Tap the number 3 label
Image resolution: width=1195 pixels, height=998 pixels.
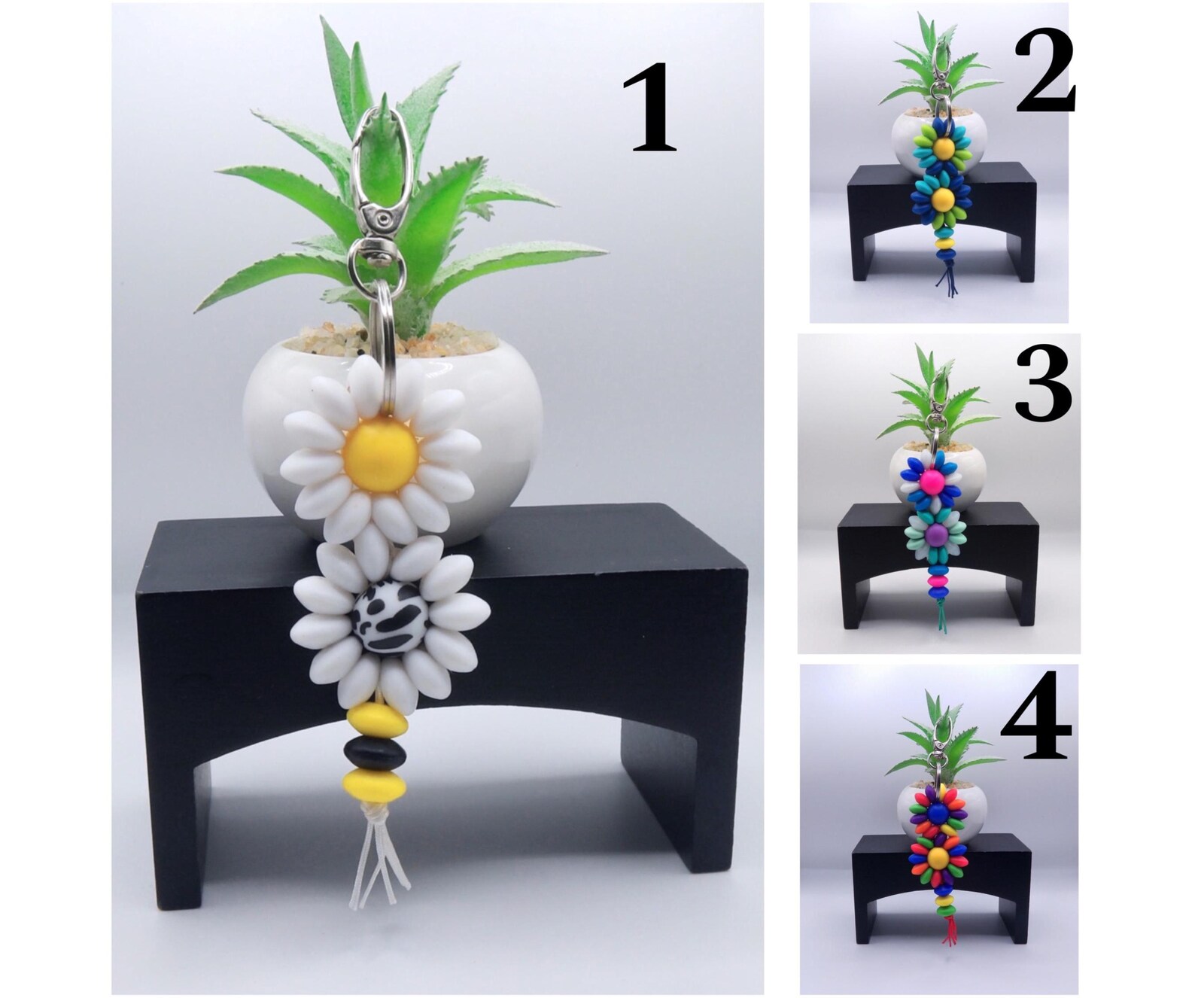1043,388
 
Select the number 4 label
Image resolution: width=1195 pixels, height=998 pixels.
1035,715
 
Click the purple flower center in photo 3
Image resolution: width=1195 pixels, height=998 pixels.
934,534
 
